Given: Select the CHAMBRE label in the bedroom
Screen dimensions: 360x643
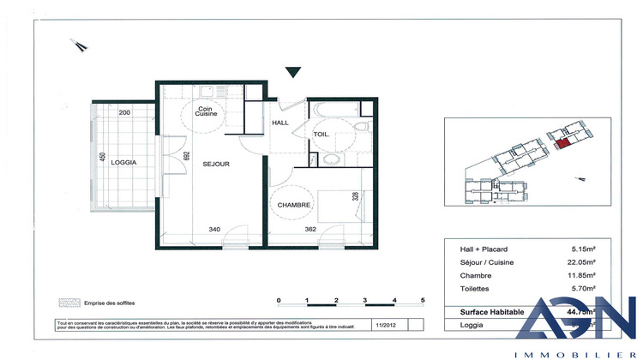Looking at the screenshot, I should tap(293, 204).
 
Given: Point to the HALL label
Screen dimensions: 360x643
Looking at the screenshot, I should tap(281, 123).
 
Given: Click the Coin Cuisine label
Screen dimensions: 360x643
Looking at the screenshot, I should tap(206, 112).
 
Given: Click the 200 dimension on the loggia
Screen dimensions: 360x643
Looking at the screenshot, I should tap(123, 113).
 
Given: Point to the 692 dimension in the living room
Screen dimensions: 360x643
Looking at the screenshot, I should tap(185, 156).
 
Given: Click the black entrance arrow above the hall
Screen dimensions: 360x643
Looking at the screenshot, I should tap(294, 73).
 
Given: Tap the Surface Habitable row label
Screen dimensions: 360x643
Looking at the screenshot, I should tap(486, 311).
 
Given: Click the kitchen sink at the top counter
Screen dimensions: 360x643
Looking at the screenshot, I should tap(209, 91).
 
